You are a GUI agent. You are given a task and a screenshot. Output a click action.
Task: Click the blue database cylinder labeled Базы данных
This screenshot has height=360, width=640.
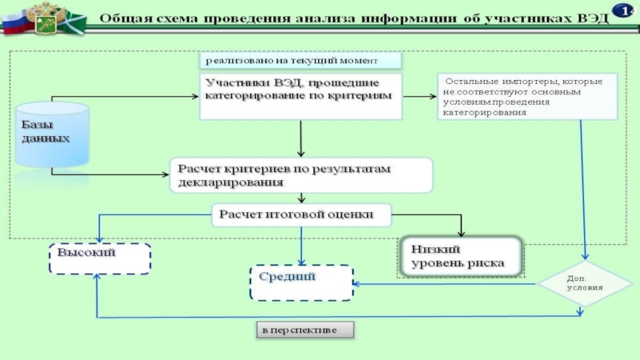[x=52, y=134]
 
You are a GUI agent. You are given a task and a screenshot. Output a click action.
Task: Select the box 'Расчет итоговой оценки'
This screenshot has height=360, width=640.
[x=302, y=215]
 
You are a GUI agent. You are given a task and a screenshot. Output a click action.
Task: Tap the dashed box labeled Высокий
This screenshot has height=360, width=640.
[x=100, y=258]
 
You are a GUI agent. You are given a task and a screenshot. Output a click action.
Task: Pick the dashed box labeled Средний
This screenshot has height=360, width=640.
[x=302, y=283]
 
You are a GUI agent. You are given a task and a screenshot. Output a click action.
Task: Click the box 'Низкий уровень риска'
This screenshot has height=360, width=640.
[x=462, y=257]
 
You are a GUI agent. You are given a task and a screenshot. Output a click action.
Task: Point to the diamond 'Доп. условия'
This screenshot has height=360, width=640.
[x=585, y=284]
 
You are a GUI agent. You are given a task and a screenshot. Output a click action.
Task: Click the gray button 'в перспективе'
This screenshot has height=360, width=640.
[x=306, y=330]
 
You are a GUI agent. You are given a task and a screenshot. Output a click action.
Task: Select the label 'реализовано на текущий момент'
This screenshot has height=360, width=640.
[x=301, y=61]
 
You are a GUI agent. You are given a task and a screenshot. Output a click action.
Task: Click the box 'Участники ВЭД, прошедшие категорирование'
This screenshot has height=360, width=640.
[x=301, y=96]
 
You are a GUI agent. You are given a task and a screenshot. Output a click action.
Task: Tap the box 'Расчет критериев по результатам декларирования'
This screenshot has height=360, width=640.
[x=302, y=175]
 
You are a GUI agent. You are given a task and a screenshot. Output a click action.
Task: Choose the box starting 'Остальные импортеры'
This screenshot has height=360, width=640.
[x=527, y=96]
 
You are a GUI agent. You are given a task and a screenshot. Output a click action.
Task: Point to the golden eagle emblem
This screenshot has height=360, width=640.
[x=46, y=18]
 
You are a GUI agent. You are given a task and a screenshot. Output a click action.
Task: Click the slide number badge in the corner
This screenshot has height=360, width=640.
[x=623, y=10]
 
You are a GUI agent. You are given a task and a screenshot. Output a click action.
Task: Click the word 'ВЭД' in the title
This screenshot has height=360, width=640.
[x=593, y=18]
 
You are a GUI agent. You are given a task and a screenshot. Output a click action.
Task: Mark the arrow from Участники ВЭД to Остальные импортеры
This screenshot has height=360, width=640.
[x=419, y=96]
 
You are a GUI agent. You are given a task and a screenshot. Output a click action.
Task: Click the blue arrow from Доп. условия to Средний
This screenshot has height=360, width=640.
[x=445, y=284]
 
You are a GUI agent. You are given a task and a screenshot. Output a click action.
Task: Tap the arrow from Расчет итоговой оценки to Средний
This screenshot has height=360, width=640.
[x=302, y=246]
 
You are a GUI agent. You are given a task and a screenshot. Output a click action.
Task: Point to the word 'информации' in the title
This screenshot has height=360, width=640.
[x=410, y=18]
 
